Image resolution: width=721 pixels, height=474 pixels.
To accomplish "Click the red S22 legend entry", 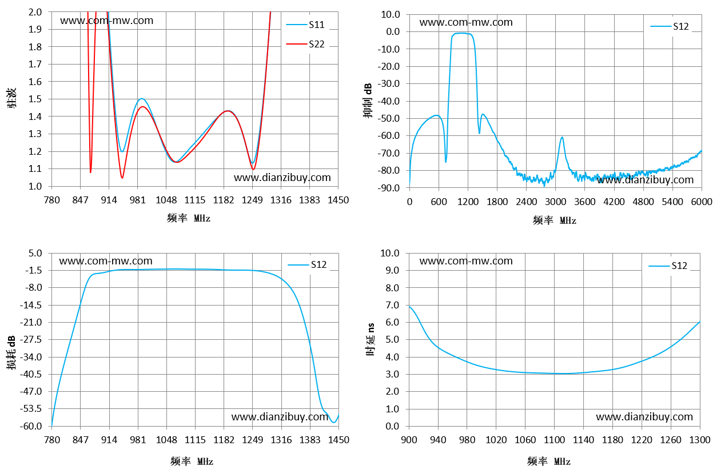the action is [x=305, y=44].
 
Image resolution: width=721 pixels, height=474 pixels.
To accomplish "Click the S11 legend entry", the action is [x=305, y=25].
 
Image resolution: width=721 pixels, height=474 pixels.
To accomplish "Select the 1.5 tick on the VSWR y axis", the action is [x=35, y=99].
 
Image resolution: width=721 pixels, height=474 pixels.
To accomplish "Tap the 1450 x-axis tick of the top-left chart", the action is [x=338, y=200].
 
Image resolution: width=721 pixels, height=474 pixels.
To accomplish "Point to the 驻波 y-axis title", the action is [x=12, y=98].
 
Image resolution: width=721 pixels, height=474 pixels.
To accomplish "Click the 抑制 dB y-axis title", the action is [x=367, y=101].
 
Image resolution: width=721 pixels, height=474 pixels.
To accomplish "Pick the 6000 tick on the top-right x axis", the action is [x=702, y=202].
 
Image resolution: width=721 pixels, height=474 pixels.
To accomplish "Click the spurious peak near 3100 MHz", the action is [x=562, y=138].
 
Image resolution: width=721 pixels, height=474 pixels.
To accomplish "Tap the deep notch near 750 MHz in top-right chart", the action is [x=446, y=162].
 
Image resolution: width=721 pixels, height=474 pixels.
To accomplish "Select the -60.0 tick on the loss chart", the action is [x=31, y=426].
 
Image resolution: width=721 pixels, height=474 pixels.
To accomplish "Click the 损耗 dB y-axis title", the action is [x=11, y=352].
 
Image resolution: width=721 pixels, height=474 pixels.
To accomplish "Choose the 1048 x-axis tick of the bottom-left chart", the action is [x=166, y=440].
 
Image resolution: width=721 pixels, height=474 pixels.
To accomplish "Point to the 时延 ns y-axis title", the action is [x=371, y=339].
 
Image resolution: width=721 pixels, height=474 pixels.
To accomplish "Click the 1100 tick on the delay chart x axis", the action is [x=554, y=440].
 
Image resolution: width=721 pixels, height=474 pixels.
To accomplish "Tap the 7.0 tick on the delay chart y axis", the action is [x=392, y=305].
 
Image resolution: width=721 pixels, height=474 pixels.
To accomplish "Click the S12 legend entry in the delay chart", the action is [x=668, y=266].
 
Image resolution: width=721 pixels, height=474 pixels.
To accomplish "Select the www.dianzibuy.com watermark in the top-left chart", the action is [x=282, y=178].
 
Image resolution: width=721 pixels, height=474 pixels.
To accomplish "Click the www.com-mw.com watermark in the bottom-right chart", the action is [x=466, y=261].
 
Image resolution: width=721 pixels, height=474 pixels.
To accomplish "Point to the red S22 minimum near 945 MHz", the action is [x=122, y=178].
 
